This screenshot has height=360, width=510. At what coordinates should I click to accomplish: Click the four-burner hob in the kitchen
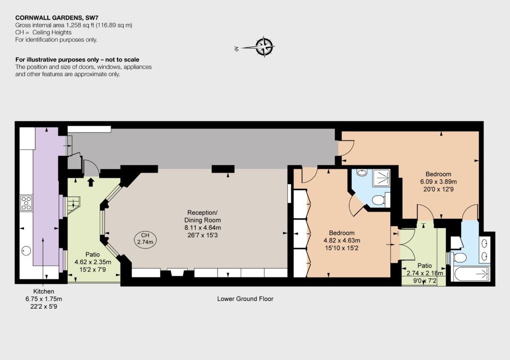point(26,203)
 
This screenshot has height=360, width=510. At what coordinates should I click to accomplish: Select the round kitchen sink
point(26,251)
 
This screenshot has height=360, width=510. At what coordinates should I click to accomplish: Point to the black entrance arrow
point(91,182)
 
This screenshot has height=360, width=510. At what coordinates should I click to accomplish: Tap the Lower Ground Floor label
point(245,299)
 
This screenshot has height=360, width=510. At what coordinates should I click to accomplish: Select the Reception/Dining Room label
point(202,216)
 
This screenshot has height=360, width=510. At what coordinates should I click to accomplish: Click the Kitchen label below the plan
point(44,291)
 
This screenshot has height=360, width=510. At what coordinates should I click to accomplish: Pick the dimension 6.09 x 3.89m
point(438,181)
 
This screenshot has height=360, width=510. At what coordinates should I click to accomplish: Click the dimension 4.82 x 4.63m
point(342,240)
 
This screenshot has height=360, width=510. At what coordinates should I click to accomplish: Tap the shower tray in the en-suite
point(382,178)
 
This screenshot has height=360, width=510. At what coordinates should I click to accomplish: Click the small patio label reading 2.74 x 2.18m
point(425,273)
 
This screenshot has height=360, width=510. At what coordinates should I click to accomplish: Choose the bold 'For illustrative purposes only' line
point(77,60)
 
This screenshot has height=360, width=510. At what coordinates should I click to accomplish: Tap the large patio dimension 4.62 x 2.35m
point(93,262)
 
